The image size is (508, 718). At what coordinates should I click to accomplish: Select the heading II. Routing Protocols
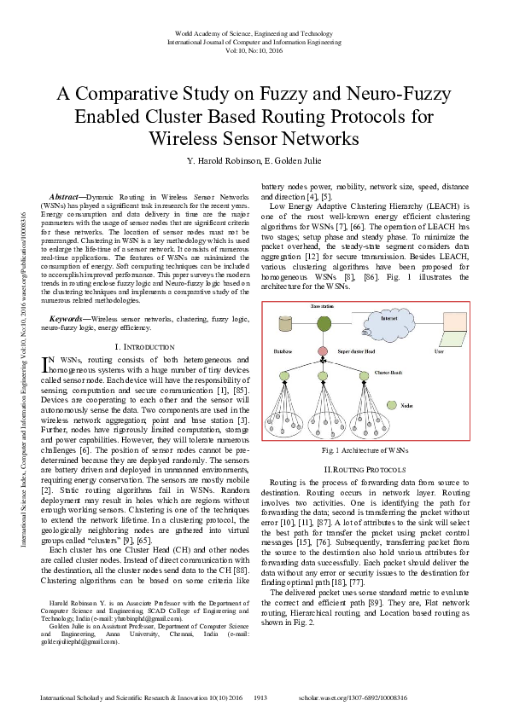click(x=363, y=471)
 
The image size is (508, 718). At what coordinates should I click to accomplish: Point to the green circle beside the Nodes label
click(x=392, y=406)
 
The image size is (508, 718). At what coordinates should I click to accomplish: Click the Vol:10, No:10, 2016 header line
click(x=254, y=50)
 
